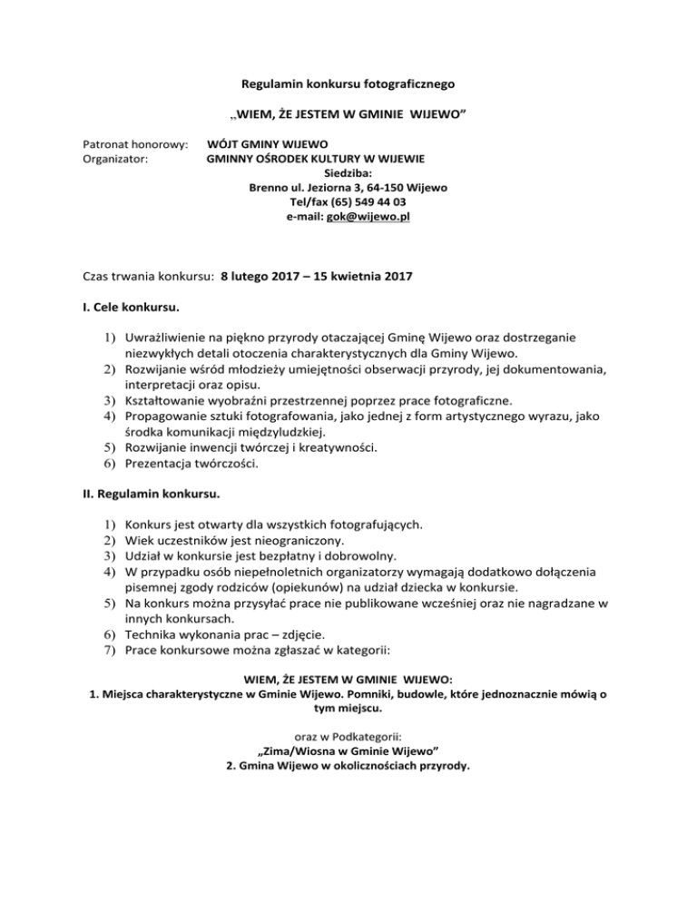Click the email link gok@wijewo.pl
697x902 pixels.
pos(375,219)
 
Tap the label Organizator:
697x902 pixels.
pos(115,160)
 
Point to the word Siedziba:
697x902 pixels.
pos(348,174)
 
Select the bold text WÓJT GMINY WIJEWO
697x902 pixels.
pos(268,144)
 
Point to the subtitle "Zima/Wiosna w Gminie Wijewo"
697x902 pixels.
pos(348,751)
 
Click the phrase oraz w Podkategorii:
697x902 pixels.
pos(348,737)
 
